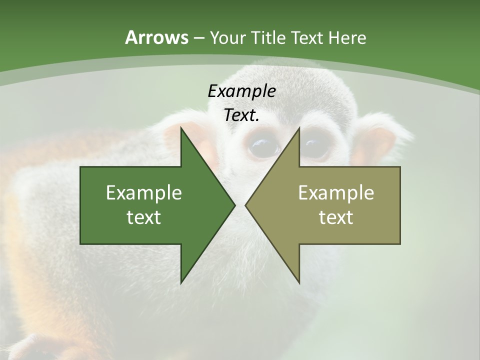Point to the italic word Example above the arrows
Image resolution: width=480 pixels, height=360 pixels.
tap(242, 91)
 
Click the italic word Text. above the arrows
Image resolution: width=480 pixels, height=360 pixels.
tap(242, 115)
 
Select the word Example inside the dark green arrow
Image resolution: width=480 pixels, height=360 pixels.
tap(144, 193)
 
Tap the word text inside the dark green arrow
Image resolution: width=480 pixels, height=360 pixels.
tap(144, 217)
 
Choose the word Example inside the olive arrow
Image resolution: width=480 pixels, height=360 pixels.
tap(336, 193)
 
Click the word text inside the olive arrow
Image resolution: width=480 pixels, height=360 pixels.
tap(336, 217)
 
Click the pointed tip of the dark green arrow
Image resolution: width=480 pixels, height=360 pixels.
tap(234, 205)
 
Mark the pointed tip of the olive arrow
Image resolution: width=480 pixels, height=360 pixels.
tap(246, 205)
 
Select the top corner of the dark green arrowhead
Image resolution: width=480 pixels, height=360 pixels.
tap(181, 128)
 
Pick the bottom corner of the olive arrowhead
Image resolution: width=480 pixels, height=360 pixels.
tap(299, 282)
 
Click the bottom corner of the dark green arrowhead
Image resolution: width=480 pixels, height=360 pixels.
tap(181, 282)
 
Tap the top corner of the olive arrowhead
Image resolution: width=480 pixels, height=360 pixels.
tap(299, 128)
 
